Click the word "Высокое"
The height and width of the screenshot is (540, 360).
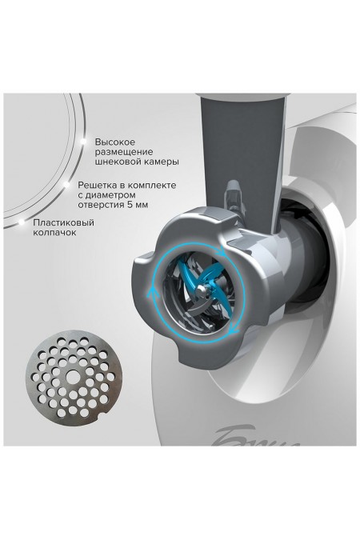tap(114, 142)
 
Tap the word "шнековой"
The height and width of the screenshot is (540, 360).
tap(116, 162)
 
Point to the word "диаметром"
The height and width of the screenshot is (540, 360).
tap(110, 195)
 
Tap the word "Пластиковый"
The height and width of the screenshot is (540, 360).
tap(64, 222)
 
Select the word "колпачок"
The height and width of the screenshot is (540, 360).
tap(54, 233)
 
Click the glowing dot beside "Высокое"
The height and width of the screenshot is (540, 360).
tap(83, 141)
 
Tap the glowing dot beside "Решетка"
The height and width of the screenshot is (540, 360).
tap(66, 185)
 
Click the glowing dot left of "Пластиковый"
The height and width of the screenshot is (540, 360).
tap(22, 222)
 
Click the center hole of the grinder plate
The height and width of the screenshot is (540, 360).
tap(71, 375)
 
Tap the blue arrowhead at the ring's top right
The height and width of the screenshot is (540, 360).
tap(222, 253)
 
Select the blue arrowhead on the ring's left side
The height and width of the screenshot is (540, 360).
tap(150, 293)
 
